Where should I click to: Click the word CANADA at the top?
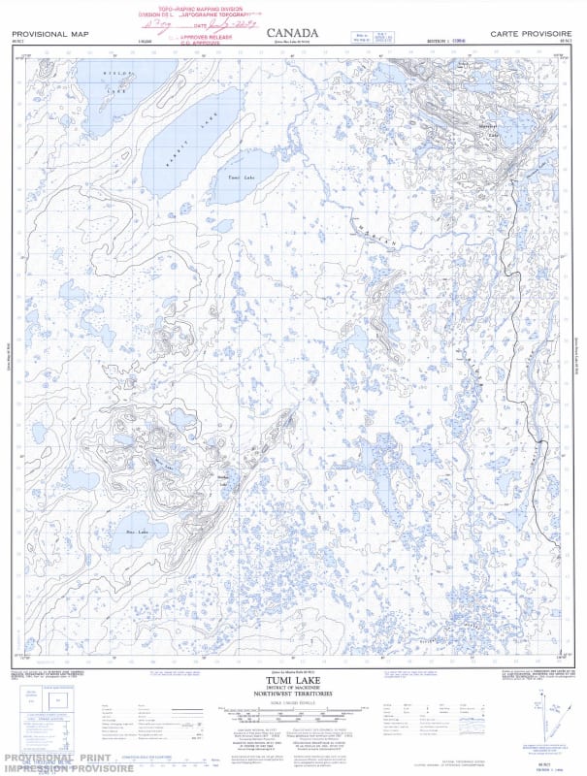coord(293,31)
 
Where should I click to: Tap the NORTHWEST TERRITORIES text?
coord(292,695)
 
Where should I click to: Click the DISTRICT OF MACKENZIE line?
coord(292,689)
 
